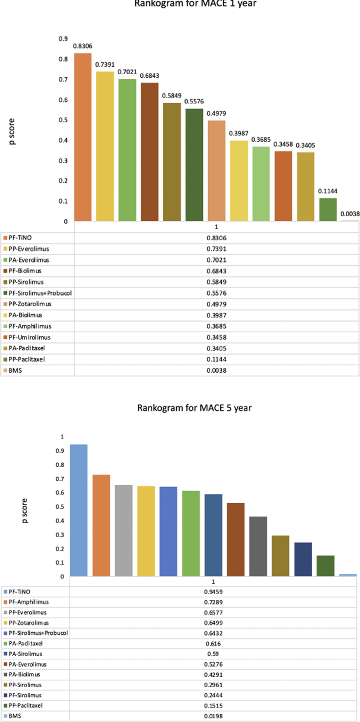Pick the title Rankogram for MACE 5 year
194,408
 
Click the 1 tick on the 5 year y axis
62,436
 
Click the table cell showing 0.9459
216,591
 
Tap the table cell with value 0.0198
216,716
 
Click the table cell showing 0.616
216,643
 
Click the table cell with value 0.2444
216,695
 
